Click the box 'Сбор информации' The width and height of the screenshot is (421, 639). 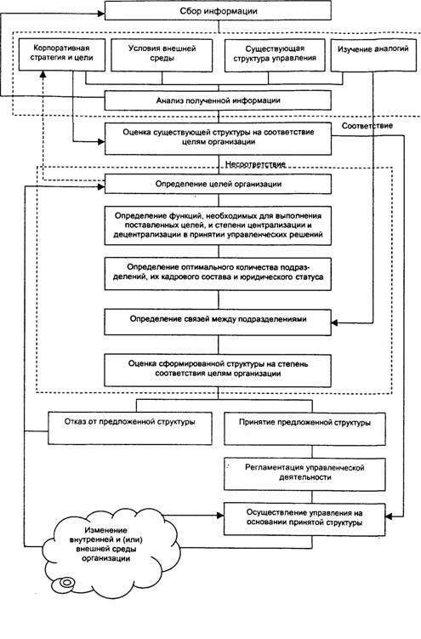(218, 10)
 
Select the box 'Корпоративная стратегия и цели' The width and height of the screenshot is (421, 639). (62, 54)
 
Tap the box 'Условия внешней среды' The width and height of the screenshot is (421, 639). (162, 55)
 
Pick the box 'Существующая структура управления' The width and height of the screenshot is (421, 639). (275, 55)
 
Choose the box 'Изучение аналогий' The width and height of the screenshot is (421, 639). (373, 55)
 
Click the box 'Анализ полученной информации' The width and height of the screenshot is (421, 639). (218, 100)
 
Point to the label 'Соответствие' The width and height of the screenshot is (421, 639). (367, 126)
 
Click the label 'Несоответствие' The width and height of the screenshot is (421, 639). (255, 164)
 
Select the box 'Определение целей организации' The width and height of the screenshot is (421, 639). (218, 184)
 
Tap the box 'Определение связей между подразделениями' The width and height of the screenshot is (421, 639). (218, 322)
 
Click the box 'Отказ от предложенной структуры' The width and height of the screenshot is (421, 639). (130, 428)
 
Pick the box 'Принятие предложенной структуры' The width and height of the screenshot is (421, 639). (304, 429)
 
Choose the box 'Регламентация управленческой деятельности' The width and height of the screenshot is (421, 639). (304, 475)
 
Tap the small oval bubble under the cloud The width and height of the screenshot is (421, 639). (65, 582)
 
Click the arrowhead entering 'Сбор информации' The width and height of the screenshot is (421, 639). (101, 13)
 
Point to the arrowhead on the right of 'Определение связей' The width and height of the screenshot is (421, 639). (335, 322)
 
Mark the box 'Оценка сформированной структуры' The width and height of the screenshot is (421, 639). (218, 370)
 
